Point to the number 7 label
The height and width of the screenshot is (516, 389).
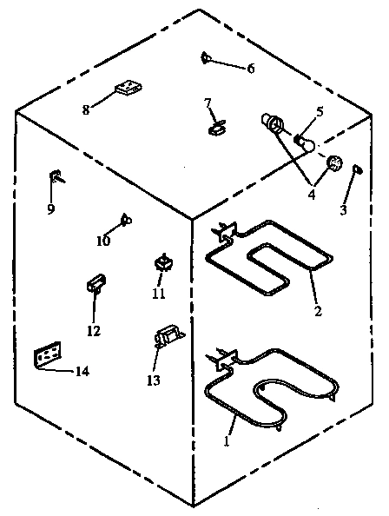pyautogui.click(x=208, y=103)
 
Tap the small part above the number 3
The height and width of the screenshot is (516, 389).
pyautogui.click(x=356, y=171)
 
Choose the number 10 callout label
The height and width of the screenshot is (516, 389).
pyautogui.click(x=103, y=241)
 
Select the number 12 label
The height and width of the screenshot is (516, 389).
pyautogui.click(x=93, y=330)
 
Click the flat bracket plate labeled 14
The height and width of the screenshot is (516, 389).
pyautogui.click(x=48, y=356)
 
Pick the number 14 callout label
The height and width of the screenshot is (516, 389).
pyautogui.click(x=81, y=372)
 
